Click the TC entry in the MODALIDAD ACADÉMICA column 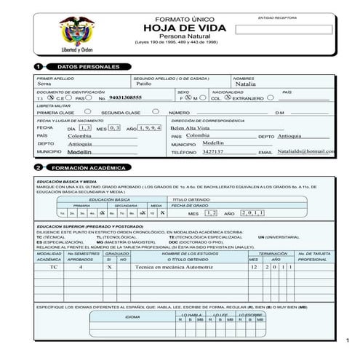(x=53, y=268)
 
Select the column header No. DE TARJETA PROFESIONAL (x=313, y=256)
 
